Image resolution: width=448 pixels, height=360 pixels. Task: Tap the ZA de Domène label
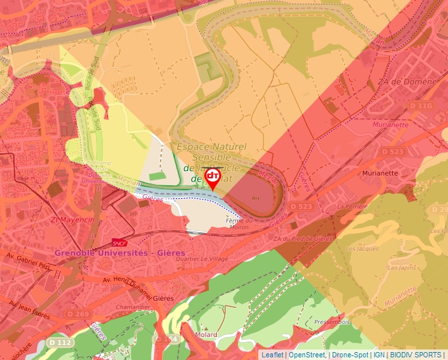pos(407,82)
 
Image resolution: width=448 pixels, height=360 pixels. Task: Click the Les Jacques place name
pos(362,249)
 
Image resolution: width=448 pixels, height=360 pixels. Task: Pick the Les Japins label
pos(402,268)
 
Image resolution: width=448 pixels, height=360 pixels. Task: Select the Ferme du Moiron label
pos(239,224)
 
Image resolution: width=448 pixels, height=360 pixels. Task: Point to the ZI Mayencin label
pos(73,219)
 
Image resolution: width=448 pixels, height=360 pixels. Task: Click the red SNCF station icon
pos(119,242)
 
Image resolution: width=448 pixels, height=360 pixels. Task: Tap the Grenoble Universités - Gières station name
pos(120,253)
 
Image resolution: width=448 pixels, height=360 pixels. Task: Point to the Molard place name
pos(206,334)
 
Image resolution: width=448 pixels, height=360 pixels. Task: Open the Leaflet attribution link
pos(272,355)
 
